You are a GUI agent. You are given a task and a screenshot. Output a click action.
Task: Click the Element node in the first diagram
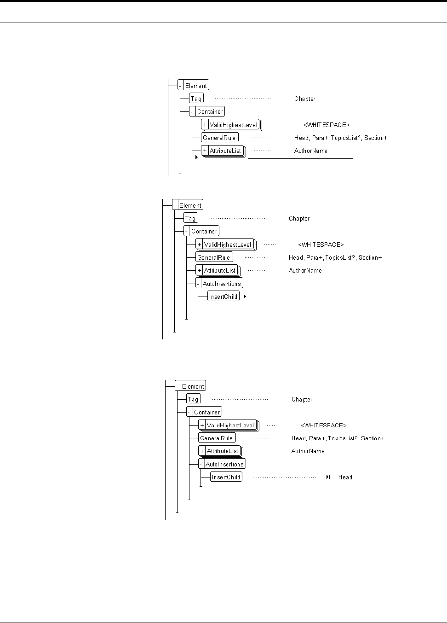coord(196,85)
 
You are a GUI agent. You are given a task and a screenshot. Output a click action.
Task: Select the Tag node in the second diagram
coord(190,218)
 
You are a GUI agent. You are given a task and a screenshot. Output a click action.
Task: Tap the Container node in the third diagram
coord(207,412)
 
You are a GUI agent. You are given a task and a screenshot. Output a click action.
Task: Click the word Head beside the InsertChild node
coord(345,477)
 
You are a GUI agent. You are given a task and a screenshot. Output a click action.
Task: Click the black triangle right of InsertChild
coord(245,297)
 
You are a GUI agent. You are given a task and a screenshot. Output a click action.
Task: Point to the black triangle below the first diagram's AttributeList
coord(196,157)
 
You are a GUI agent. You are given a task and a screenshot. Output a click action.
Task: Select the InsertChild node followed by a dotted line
coord(226,477)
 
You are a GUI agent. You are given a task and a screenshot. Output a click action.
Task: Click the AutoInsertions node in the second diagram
coord(222,284)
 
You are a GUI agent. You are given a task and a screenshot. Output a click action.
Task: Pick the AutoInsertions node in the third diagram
coord(224,464)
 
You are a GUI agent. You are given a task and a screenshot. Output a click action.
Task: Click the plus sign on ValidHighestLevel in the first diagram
coord(205,125)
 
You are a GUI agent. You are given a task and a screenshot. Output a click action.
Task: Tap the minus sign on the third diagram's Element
coord(178,386)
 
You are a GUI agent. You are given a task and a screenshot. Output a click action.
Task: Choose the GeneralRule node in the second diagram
coord(213,257)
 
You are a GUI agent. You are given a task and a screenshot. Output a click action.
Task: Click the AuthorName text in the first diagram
coord(311,151)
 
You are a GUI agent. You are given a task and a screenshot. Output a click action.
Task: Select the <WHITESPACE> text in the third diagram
coord(324,425)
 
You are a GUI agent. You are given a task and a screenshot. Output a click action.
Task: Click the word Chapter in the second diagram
coord(299,218)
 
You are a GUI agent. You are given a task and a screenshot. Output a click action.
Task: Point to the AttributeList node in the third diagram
coord(223,451)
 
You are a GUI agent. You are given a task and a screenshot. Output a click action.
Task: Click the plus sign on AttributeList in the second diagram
coord(199,270)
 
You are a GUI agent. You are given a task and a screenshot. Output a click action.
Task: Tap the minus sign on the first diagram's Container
coord(192,111)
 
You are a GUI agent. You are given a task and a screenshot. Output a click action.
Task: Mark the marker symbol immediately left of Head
coord(328,477)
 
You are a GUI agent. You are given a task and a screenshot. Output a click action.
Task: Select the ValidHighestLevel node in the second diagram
coord(228,245)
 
